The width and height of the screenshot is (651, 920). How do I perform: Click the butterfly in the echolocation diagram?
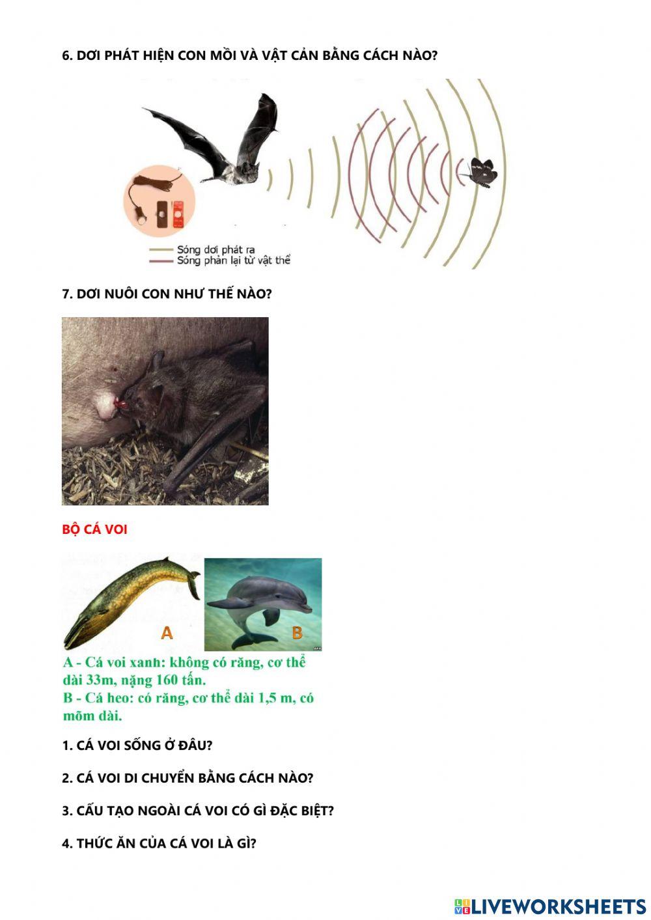click(482, 172)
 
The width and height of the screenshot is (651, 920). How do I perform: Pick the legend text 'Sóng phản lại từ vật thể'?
click(233, 260)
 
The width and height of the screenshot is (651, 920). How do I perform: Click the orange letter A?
click(167, 633)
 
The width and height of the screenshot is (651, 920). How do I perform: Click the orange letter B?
click(297, 633)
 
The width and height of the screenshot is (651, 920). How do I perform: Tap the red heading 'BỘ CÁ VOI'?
click(94, 529)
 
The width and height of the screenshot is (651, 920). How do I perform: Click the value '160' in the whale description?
click(169, 680)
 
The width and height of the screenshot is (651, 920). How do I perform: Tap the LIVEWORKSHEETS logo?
click(550, 906)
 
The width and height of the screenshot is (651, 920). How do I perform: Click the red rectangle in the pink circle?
click(177, 214)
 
